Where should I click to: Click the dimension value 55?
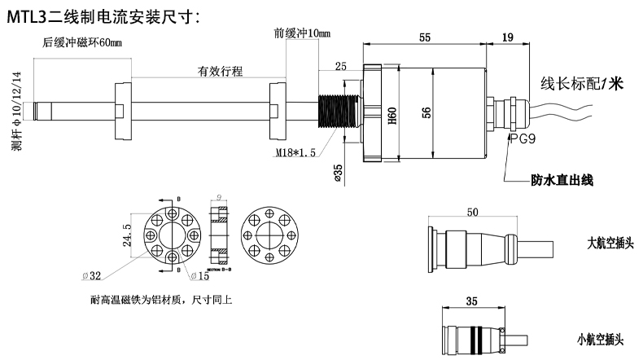click(x=425, y=37)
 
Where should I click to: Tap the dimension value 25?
click(x=340, y=65)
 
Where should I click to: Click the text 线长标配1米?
click(x=581, y=83)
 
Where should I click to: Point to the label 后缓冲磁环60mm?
click(x=82, y=42)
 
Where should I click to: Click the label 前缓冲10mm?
click(x=302, y=33)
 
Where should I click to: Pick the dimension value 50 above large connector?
click(x=472, y=213)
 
